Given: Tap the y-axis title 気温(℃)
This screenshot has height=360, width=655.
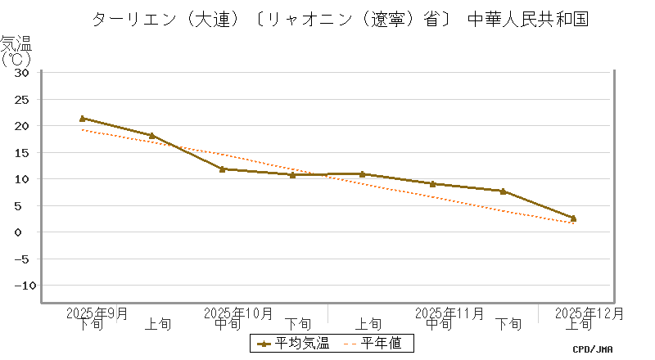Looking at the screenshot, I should (16, 51).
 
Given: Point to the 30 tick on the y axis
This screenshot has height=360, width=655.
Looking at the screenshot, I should (22, 73).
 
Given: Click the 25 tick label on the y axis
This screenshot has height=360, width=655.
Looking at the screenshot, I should (22, 100).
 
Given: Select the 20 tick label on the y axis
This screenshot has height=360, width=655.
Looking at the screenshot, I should (22, 126).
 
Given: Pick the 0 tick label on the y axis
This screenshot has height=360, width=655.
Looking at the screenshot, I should (25, 232).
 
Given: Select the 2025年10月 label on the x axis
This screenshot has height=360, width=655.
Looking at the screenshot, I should (237, 313).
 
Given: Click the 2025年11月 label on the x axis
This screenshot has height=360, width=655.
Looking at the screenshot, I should (449, 313).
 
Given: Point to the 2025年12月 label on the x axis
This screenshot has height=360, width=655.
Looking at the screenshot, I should (589, 313).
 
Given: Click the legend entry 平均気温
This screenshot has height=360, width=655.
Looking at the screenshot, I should (292, 344).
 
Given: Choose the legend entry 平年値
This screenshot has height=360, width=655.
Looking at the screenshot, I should (373, 344).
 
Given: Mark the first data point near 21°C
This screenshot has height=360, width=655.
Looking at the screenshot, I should (83, 119).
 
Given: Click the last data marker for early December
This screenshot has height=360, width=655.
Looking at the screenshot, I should (573, 218).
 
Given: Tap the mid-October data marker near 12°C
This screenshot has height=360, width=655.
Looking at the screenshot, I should (223, 169).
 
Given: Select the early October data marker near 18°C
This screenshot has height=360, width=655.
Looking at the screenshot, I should (152, 136).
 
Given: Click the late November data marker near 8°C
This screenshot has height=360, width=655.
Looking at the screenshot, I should (503, 191).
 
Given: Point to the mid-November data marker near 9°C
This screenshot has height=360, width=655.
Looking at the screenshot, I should (433, 184).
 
